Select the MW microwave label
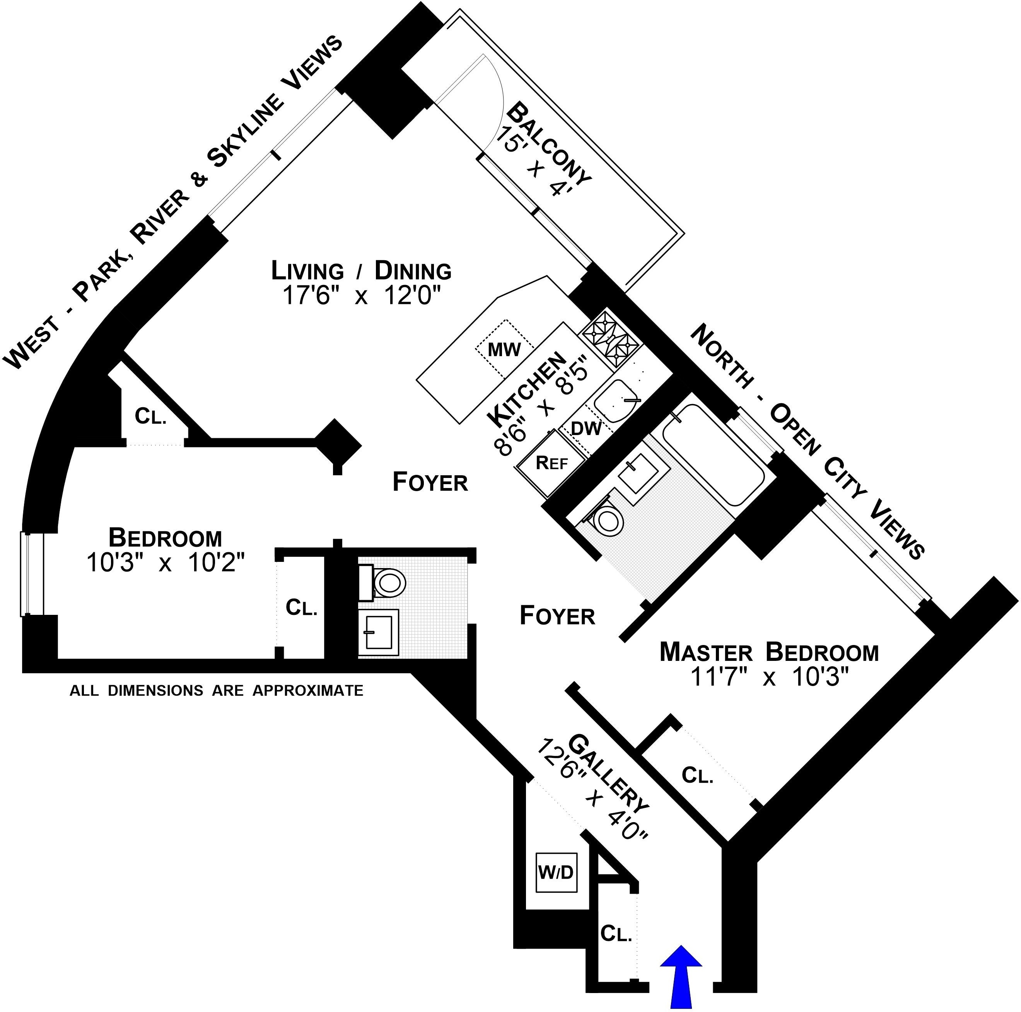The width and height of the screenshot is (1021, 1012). click(x=504, y=349)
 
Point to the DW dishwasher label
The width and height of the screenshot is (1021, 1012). click(x=587, y=428)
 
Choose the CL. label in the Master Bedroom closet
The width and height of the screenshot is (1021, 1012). click(x=698, y=775)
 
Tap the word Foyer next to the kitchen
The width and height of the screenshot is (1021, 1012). click(x=430, y=482)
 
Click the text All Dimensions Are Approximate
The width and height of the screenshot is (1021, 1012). click(x=217, y=691)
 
